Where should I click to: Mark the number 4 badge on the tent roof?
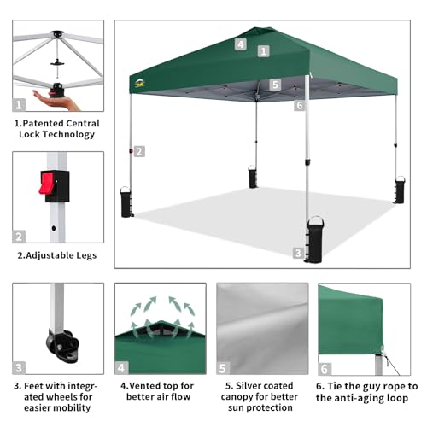[x=241, y=44]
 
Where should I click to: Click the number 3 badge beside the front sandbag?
[x=297, y=253]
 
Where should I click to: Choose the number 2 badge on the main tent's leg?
[x=139, y=151]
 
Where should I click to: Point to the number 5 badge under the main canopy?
[x=275, y=85]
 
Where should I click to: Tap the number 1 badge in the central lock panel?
[x=19, y=105]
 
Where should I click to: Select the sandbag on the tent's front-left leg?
[x=126, y=202]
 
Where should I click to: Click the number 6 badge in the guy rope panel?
[x=325, y=369]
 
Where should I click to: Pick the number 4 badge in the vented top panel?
[x=122, y=369]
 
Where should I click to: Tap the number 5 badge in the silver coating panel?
[x=223, y=369]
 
